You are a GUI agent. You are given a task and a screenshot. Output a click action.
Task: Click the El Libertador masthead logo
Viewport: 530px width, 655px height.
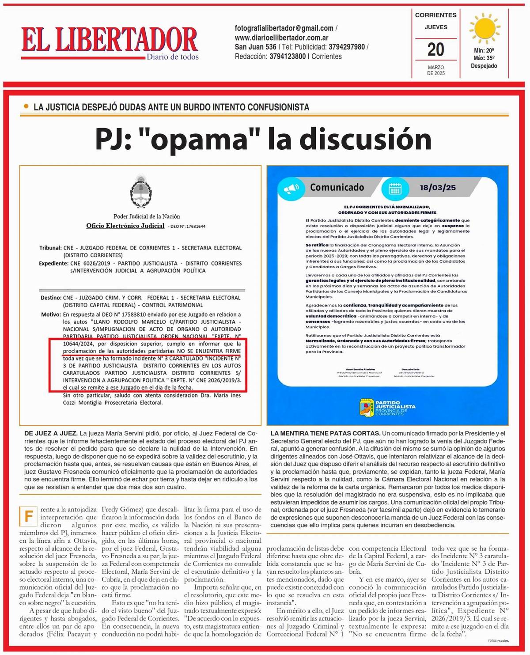(x=110, y=41)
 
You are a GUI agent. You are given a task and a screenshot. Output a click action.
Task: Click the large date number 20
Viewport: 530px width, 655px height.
(x=435, y=49)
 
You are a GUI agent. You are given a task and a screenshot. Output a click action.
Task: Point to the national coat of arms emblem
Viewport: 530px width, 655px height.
(x=141, y=191)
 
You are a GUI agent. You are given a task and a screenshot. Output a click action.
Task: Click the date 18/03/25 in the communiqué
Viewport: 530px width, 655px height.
(x=437, y=188)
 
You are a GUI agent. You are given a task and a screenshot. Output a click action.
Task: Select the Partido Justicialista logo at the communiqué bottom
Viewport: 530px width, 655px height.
(x=387, y=408)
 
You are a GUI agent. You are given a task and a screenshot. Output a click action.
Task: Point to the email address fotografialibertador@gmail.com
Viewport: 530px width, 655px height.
(x=284, y=28)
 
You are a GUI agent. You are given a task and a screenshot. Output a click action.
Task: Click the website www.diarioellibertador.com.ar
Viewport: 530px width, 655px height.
(x=281, y=38)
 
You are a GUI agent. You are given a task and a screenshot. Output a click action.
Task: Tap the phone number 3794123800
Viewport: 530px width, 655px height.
(x=288, y=57)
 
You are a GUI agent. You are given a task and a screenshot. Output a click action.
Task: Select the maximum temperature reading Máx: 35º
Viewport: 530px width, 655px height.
(x=484, y=58)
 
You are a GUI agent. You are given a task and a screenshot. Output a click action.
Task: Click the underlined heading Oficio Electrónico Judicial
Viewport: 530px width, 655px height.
(x=125, y=226)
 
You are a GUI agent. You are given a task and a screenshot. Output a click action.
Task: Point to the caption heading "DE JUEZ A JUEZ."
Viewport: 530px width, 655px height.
(x=51, y=433)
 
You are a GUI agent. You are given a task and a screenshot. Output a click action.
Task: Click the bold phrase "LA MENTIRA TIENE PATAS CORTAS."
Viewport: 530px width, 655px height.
(x=325, y=433)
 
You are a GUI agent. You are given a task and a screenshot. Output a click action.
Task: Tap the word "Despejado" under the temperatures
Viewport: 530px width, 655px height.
(x=484, y=66)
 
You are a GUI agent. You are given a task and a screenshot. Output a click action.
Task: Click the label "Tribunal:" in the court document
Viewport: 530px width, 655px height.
(x=50, y=248)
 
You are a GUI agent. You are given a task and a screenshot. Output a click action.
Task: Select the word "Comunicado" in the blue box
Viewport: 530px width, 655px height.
(x=337, y=187)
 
